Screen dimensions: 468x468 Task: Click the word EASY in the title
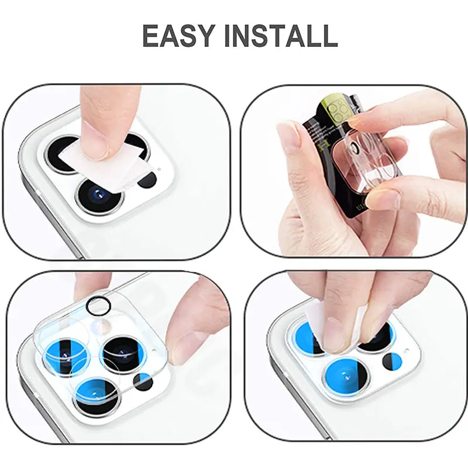(180, 37)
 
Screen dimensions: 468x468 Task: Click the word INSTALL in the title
(281, 37)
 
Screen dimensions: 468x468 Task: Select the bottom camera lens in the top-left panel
(100, 194)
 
